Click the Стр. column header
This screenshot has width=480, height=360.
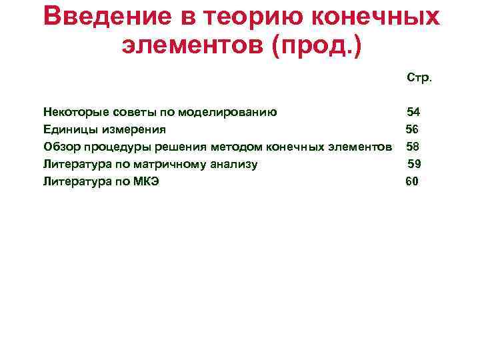tap(419, 77)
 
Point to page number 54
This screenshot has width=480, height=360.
tap(413, 111)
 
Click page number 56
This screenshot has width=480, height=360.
tap(412, 129)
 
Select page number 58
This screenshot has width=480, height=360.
tap(413, 146)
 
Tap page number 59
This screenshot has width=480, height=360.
tap(414, 163)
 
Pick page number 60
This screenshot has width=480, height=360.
tap(412, 181)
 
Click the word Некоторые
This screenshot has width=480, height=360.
tap(72, 111)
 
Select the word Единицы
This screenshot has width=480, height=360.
tap(67, 129)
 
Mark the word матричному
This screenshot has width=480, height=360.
tap(161, 163)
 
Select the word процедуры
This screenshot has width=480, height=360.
tap(111, 146)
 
